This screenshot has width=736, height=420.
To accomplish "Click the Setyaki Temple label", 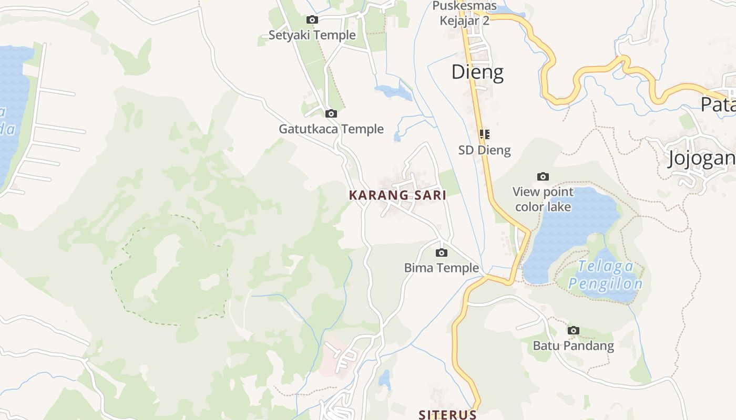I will (x=312, y=35).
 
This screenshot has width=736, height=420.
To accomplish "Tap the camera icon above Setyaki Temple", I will (x=312, y=20).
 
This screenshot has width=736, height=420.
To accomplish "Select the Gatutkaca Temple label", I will (x=331, y=129).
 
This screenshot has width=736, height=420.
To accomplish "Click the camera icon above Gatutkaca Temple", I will (x=331, y=113).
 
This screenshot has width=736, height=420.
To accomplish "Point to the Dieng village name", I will (x=477, y=72).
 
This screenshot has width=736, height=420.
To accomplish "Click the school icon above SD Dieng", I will (x=484, y=134).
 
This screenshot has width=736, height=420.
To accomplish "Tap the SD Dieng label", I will (x=484, y=150).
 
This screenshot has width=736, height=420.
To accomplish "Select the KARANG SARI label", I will (x=397, y=195).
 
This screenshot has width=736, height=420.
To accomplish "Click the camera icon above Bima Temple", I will (x=442, y=253).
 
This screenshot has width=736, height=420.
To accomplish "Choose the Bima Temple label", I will (x=442, y=268).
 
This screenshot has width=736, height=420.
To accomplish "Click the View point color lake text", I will (x=543, y=199).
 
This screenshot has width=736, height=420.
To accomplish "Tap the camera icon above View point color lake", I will (x=543, y=176).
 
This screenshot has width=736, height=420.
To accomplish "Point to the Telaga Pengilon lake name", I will (x=605, y=275).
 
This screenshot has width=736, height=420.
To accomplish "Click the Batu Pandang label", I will (x=574, y=346).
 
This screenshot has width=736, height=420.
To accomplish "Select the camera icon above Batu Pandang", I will (x=574, y=331).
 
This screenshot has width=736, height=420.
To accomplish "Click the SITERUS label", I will (x=447, y=415).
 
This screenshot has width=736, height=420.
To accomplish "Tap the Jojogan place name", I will (x=701, y=159).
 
